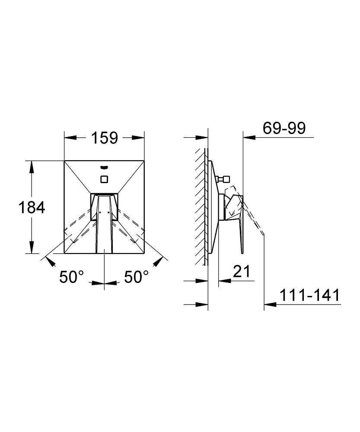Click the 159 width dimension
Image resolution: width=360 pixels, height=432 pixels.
pyautogui.click(x=105, y=138)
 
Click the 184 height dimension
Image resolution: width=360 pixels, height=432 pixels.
pyautogui.click(x=32, y=207)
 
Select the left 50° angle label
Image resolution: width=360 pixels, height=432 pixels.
pyautogui.click(x=71, y=276)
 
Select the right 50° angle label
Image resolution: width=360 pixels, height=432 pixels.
pyautogui.click(x=136, y=276)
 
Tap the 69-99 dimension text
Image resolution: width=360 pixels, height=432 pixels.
pyautogui.click(x=284, y=128)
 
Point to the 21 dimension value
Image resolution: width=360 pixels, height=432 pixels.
pyautogui.click(x=242, y=271)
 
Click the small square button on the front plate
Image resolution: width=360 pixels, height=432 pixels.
pyautogui.click(x=105, y=179)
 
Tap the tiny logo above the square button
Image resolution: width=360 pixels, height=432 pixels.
pyautogui.click(x=105, y=167)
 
